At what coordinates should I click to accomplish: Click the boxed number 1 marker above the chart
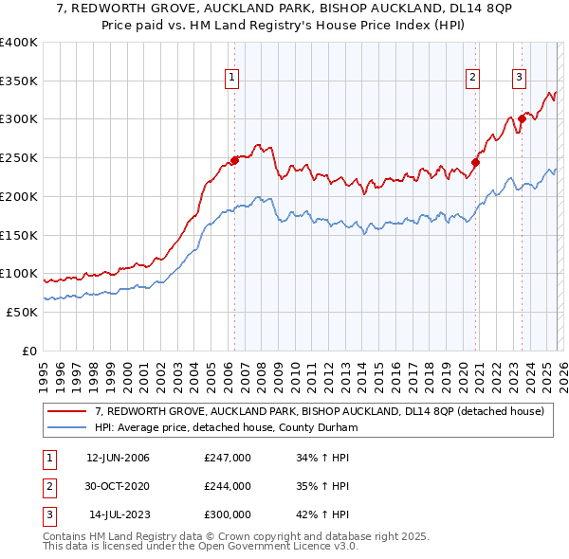(x=233, y=79)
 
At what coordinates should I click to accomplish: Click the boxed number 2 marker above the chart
(x=472, y=79)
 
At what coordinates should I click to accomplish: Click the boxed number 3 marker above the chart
(x=519, y=79)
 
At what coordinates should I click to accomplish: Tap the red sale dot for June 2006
(x=234, y=160)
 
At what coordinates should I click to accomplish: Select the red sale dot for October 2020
(x=475, y=162)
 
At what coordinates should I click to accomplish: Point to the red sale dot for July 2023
(x=521, y=119)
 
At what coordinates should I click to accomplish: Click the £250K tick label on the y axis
(x=19, y=157)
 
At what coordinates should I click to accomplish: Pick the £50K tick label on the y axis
(x=23, y=312)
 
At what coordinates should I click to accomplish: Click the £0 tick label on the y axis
(x=29, y=351)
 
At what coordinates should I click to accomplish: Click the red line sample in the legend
(x=68, y=412)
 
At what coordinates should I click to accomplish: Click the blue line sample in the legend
(x=68, y=427)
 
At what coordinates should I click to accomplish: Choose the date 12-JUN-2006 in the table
(x=118, y=458)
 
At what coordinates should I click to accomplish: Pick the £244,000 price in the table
(x=228, y=486)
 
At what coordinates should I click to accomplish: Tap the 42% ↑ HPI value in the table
(x=321, y=514)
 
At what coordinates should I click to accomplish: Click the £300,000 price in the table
(x=228, y=514)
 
